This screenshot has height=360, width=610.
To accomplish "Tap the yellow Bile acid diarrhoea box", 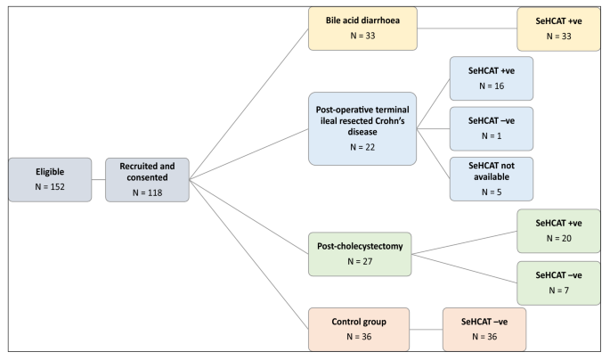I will point(363,29).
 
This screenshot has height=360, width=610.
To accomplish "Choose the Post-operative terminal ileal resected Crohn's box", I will point(363,127).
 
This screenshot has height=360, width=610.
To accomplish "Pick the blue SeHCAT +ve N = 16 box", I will point(492,78).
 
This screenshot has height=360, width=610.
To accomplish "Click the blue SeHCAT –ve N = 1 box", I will point(492,127).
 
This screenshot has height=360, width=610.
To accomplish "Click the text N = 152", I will point(50,189).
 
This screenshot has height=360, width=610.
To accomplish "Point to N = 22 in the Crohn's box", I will point(363,149).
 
